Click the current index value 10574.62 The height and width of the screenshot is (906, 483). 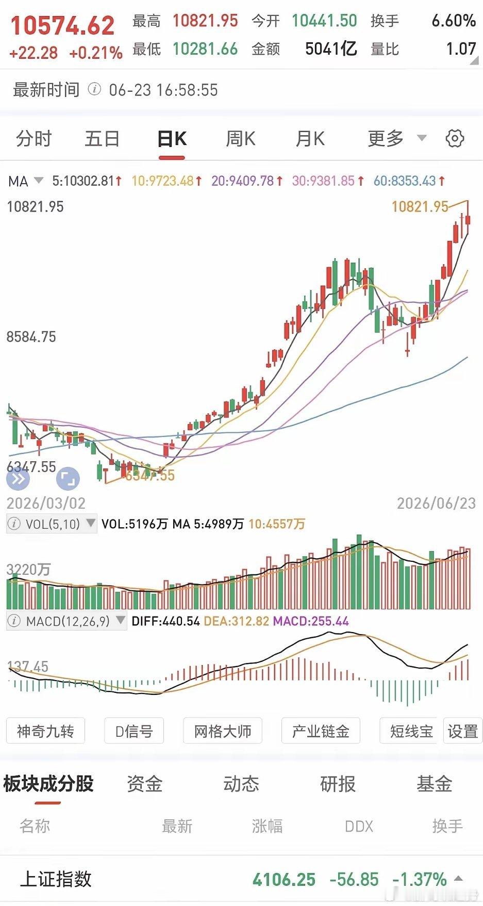[x=62, y=26]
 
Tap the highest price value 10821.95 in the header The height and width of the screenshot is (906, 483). [x=205, y=21]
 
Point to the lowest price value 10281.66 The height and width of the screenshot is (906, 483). [x=205, y=49]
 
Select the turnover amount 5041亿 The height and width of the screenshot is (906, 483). [x=331, y=49]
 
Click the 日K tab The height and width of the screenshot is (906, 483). [x=172, y=139]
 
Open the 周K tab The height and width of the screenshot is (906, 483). [x=241, y=139]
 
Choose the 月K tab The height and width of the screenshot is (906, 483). [x=310, y=139]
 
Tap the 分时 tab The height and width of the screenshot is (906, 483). [x=34, y=139]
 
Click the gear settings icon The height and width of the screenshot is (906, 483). [x=455, y=139]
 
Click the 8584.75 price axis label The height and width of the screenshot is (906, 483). [x=31, y=337]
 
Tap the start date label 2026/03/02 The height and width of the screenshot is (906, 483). [x=46, y=503]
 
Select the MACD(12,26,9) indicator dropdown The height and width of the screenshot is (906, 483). [x=66, y=621]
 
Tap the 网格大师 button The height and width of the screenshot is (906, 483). [x=223, y=731]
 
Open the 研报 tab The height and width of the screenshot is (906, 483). [x=338, y=784]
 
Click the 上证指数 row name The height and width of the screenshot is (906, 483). [x=56, y=879]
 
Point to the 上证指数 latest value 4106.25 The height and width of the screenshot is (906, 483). [x=284, y=879]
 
